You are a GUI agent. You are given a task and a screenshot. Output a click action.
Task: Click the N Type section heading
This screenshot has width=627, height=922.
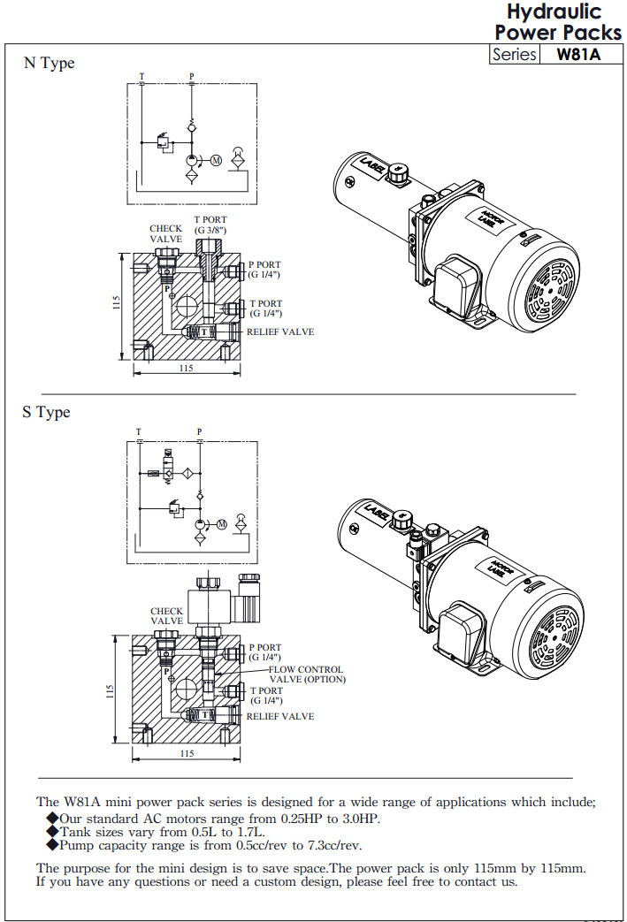[x=49, y=64]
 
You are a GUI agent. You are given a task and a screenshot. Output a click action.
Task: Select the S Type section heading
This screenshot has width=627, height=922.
[x=46, y=413]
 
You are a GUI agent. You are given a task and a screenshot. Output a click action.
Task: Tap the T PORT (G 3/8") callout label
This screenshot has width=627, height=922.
[x=210, y=225]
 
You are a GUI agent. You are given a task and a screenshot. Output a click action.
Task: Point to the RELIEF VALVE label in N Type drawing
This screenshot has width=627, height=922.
[x=279, y=332]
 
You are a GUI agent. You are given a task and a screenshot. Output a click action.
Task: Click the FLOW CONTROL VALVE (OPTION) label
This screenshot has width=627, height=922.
[x=307, y=674]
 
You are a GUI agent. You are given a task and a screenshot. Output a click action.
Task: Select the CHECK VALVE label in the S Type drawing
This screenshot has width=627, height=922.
[x=166, y=616]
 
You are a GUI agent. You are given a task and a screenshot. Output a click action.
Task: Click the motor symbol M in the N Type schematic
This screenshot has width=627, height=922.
[x=214, y=160]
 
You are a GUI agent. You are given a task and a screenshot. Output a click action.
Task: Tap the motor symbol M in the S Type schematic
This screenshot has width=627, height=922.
[x=222, y=524]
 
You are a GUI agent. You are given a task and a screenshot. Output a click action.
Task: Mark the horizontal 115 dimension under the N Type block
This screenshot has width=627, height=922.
[x=187, y=368]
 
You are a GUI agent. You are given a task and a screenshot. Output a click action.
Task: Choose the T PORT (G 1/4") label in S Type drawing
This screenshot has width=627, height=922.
[x=265, y=695]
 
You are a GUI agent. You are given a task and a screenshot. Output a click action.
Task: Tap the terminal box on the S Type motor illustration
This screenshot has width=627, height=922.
[x=457, y=629]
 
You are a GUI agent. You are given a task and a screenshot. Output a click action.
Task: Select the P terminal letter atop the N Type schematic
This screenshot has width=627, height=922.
[x=192, y=77]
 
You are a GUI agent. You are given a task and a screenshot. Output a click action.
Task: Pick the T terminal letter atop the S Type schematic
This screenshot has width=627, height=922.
[x=138, y=431]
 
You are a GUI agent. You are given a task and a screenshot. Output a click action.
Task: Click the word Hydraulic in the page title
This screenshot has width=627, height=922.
[x=554, y=11]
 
